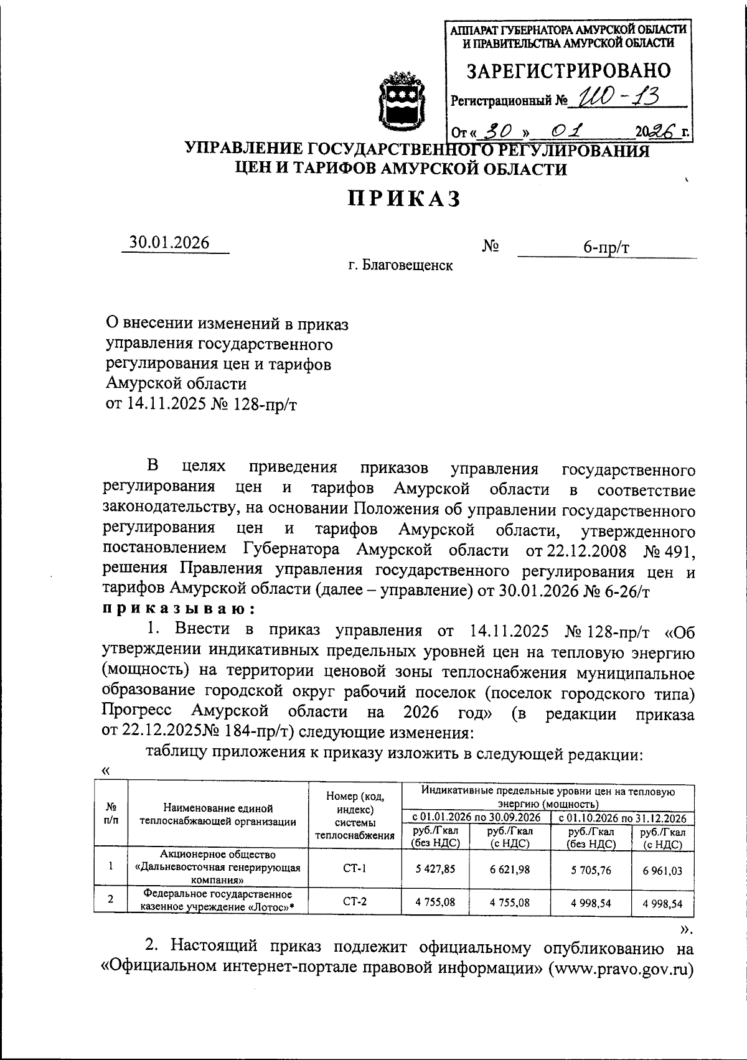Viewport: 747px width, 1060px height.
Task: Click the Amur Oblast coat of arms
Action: coord(402,103)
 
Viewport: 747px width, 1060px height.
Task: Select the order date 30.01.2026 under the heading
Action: coord(169,243)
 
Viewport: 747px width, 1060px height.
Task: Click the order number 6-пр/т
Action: coord(606,248)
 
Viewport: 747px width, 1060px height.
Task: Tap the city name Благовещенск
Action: coord(400,266)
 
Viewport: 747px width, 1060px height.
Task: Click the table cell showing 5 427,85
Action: coord(436,868)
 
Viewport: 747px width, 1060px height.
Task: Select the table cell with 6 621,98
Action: coord(510,869)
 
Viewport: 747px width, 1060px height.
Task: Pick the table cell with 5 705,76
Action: coord(591,870)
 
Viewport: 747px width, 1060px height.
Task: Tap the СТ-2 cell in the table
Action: coord(355,901)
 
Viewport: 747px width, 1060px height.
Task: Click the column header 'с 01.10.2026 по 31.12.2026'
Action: coord(622,818)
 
